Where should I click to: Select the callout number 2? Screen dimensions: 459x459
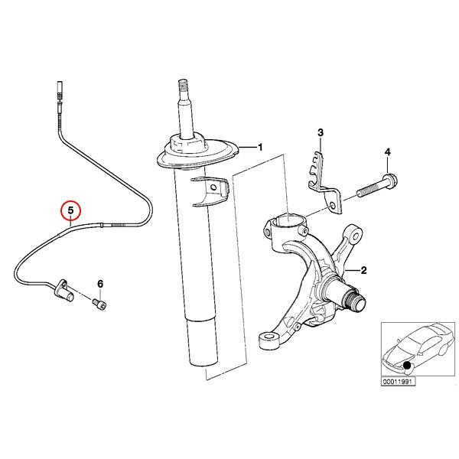click(364, 271)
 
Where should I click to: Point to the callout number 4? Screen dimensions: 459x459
click(388, 153)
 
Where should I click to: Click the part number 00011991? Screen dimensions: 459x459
click(398, 380)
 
